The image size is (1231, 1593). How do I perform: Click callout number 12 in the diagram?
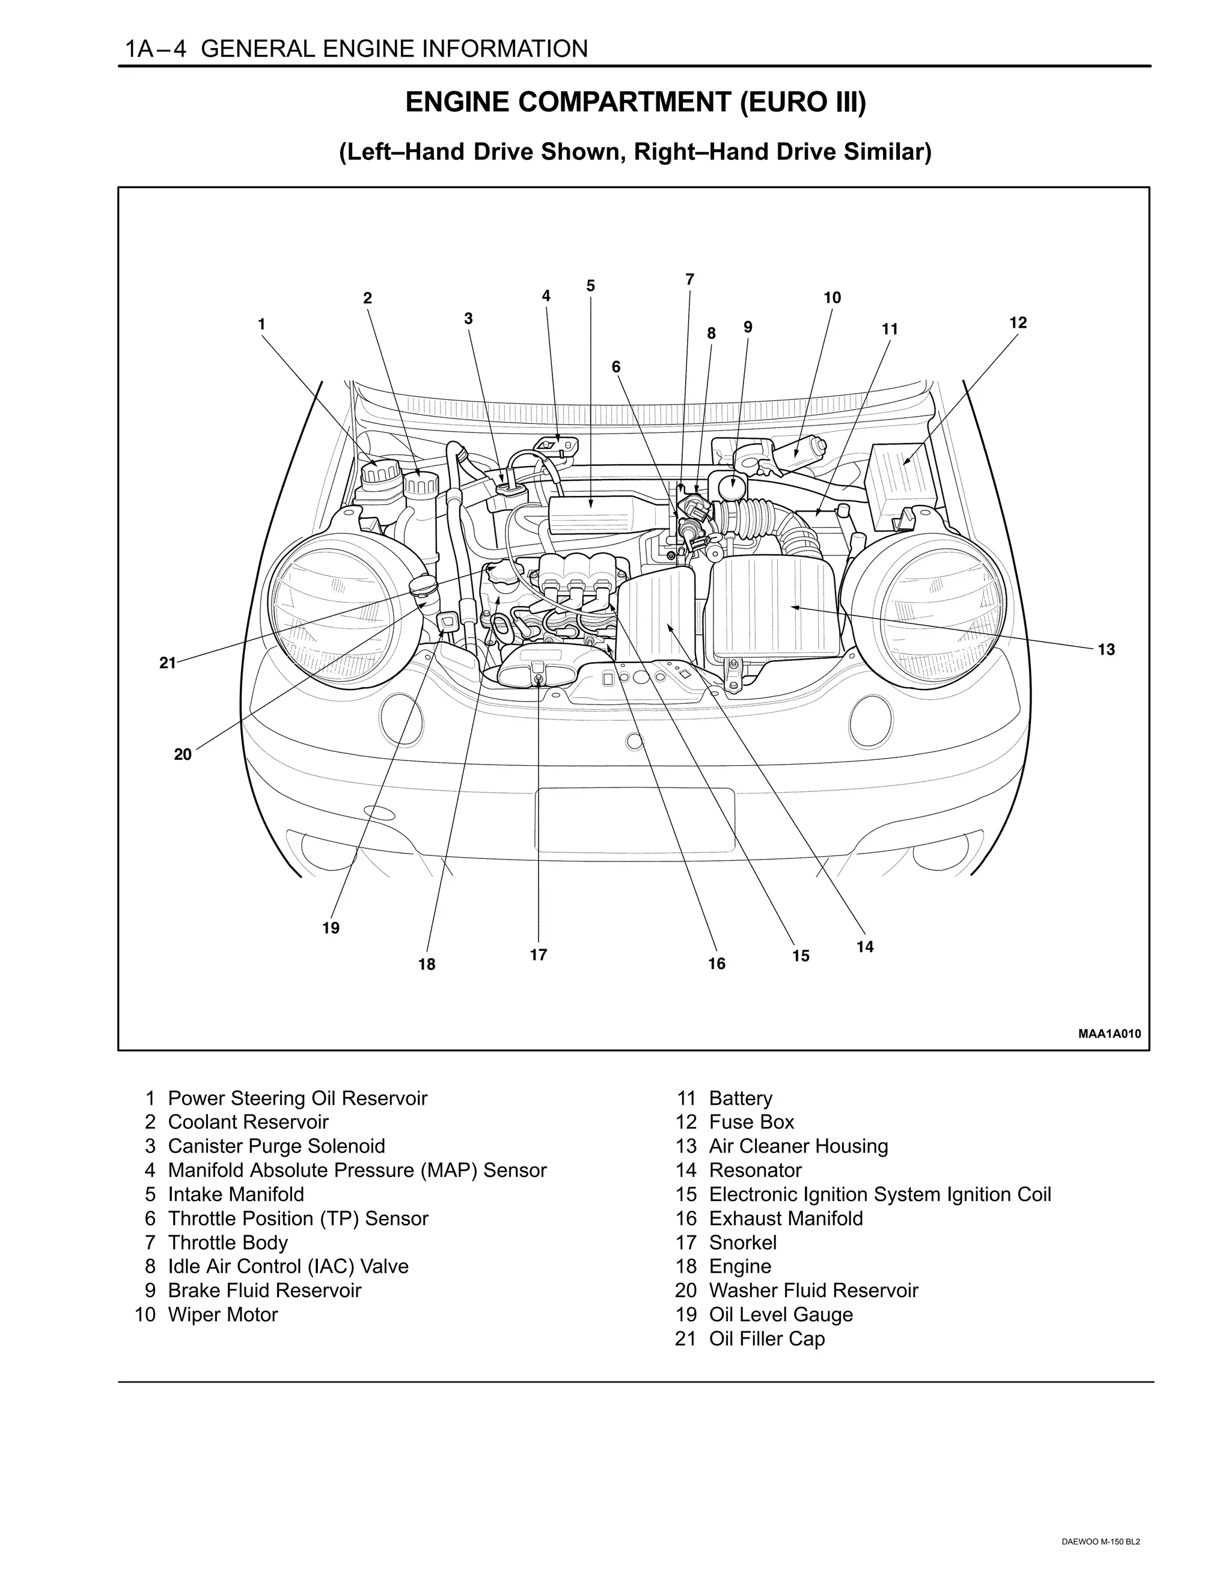1018,322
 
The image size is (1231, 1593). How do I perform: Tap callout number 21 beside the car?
168,662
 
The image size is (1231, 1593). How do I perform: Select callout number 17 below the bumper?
538,955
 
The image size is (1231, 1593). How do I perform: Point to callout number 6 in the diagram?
615,367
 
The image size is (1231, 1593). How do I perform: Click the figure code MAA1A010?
1109,1033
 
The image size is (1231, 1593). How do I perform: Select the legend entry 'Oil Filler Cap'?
766,1339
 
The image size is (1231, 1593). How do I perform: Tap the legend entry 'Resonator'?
755,1170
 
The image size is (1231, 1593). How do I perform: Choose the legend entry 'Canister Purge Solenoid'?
276,1146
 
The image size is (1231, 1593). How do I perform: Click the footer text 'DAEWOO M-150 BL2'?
1101,1556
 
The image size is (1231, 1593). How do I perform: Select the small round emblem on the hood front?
635,742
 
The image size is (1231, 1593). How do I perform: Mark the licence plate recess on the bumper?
635,820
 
